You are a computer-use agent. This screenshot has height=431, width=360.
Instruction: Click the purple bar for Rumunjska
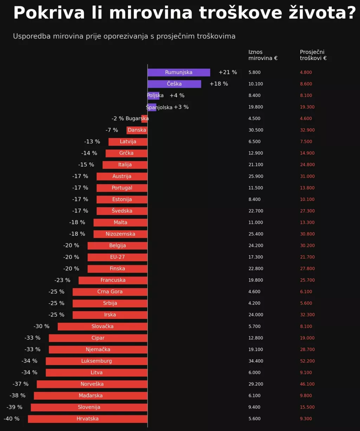179,72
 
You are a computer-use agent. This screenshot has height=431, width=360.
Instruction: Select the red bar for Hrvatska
88,419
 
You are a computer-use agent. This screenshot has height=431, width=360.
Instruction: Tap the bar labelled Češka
174,84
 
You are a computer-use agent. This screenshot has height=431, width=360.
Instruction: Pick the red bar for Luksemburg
96,361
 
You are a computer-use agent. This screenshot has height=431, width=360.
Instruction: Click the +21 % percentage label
228,72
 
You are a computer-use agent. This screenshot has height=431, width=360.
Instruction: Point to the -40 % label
12,419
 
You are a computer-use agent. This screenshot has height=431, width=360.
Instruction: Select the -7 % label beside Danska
112,130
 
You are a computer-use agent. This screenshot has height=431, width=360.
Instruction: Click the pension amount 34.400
256,361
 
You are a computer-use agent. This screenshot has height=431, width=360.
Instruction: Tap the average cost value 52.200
307,361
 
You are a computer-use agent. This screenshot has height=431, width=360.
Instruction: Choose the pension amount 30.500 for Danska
256,130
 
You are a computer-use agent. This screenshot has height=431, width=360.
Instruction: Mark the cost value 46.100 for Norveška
307,384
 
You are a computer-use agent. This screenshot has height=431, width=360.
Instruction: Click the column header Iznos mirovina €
263,55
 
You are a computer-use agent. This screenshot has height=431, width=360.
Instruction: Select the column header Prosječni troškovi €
313,55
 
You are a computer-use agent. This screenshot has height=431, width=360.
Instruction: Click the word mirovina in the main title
151,13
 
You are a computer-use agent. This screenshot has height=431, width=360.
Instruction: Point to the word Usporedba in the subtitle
32,36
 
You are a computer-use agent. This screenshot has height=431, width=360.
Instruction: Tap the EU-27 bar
117,257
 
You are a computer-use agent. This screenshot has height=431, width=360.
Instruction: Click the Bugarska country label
137,119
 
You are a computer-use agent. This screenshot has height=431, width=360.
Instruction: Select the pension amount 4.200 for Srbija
255,303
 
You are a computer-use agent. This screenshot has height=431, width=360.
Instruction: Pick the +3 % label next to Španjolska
181,107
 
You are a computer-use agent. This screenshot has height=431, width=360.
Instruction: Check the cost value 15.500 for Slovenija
307,407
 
